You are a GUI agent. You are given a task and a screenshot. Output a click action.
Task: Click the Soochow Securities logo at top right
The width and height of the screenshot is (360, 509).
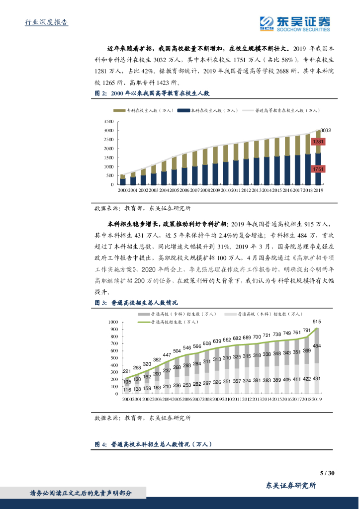[x=295, y=23]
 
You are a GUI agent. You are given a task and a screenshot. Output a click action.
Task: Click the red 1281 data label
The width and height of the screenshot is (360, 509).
[x=318, y=142]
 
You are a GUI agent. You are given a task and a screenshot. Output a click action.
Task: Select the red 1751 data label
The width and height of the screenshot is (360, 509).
[x=318, y=170]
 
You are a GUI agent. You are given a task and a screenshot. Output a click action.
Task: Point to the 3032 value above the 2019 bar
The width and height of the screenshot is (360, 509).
[x=326, y=130]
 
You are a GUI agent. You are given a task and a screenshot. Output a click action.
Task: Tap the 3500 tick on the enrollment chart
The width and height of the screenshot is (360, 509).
[x=109, y=121]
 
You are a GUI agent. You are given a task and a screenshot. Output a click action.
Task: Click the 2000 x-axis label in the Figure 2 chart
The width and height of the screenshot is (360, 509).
[x=122, y=190]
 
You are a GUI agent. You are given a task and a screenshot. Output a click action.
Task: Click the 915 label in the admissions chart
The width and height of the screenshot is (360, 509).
[x=317, y=322]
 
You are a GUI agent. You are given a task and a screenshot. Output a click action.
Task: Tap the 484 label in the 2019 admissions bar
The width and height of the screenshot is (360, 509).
[x=317, y=345]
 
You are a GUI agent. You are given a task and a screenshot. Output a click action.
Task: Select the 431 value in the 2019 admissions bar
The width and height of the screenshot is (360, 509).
[x=317, y=379]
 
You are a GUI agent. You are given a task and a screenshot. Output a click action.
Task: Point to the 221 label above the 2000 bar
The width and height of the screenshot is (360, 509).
[x=127, y=371]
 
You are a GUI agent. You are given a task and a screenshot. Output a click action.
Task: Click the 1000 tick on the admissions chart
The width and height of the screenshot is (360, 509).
[x=112, y=322]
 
